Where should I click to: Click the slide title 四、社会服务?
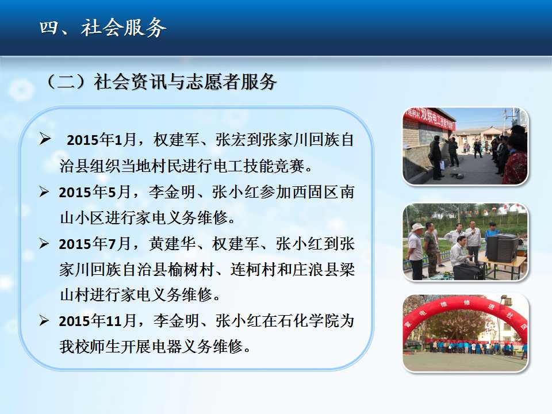tap(102, 28)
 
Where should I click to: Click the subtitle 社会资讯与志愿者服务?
tap(185, 82)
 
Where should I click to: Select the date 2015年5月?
tap(95, 192)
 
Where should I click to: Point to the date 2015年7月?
tap(95, 244)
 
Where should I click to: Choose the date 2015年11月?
tap(98, 321)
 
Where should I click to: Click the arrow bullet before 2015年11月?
tap(44, 320)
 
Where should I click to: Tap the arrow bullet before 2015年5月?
tap(44, 192)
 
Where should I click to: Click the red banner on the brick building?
tap(430, 118)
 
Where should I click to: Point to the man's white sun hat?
tap(417, 227)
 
